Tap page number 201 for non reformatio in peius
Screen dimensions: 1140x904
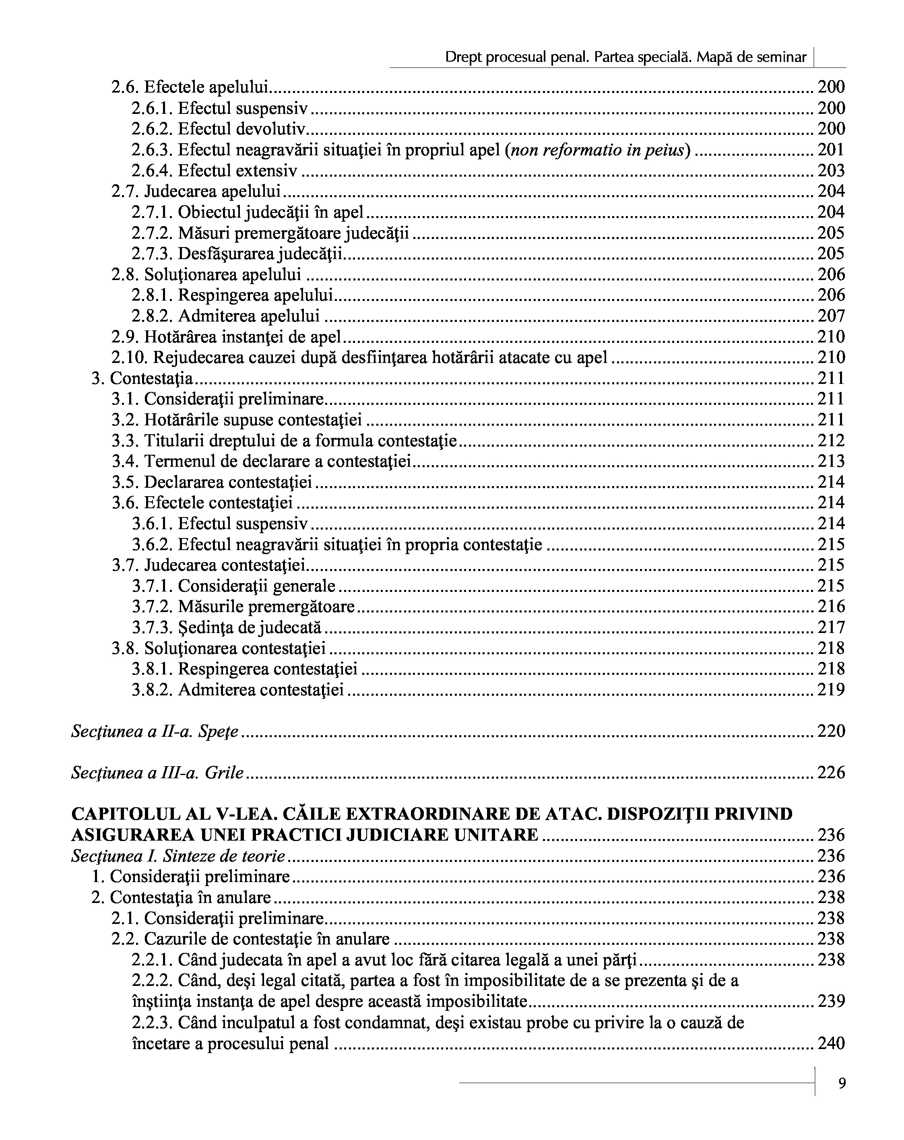(831, 150)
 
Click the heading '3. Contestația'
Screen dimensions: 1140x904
(142, 378)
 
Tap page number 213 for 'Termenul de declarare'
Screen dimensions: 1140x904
(831, 461)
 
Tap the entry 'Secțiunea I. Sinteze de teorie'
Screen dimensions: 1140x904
(178, 856)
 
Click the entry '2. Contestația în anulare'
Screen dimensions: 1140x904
(181, 897)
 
